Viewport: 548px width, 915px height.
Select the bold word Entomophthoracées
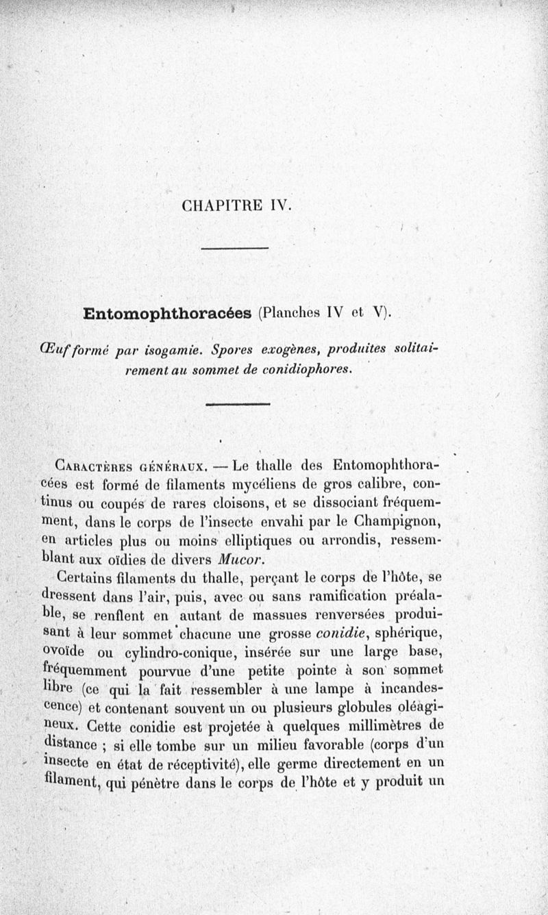(x=167, y=314)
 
